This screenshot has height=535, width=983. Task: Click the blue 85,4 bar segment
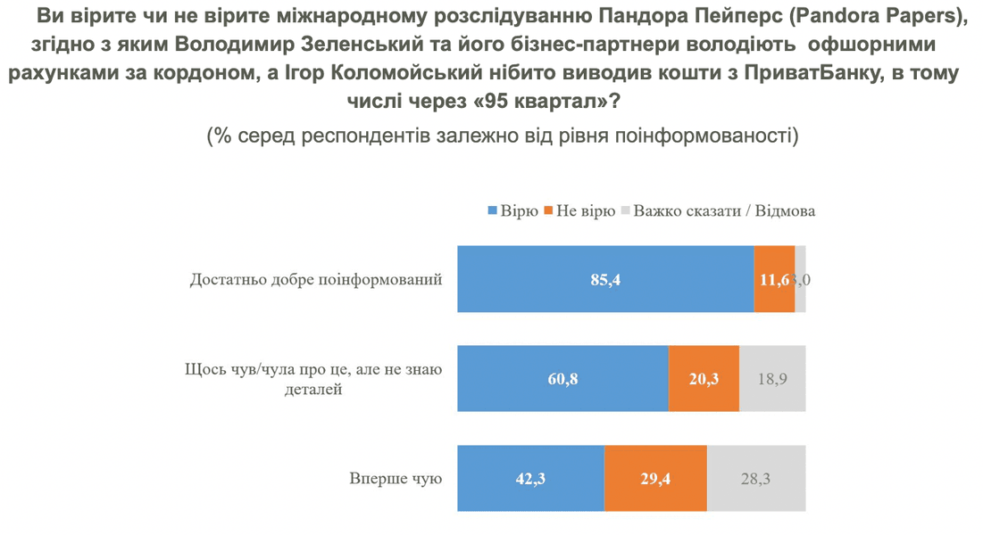pyautogui.click(x=605, y=279)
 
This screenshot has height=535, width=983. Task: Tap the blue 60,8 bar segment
pyautogui.click(x=562, y=379)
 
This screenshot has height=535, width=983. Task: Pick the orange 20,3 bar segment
pyautogui.click(x=704, y=379)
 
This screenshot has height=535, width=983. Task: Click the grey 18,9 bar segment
pyautogui.click(x=772, y=379)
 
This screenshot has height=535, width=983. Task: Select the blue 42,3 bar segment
pyautogui.click(x=530, y=479)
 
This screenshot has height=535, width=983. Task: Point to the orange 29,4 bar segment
pyautogui.click(x=655, y=479)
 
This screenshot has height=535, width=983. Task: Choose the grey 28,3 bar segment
pyautogui.click(x=755, y=479)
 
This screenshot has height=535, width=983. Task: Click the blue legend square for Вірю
pyautogui.click(x=491, y=211)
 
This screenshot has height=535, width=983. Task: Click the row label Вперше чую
pyautogui.click(x=396, y=479)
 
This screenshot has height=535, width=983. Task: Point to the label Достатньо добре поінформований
pyautogui.click(x=316, y=279)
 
